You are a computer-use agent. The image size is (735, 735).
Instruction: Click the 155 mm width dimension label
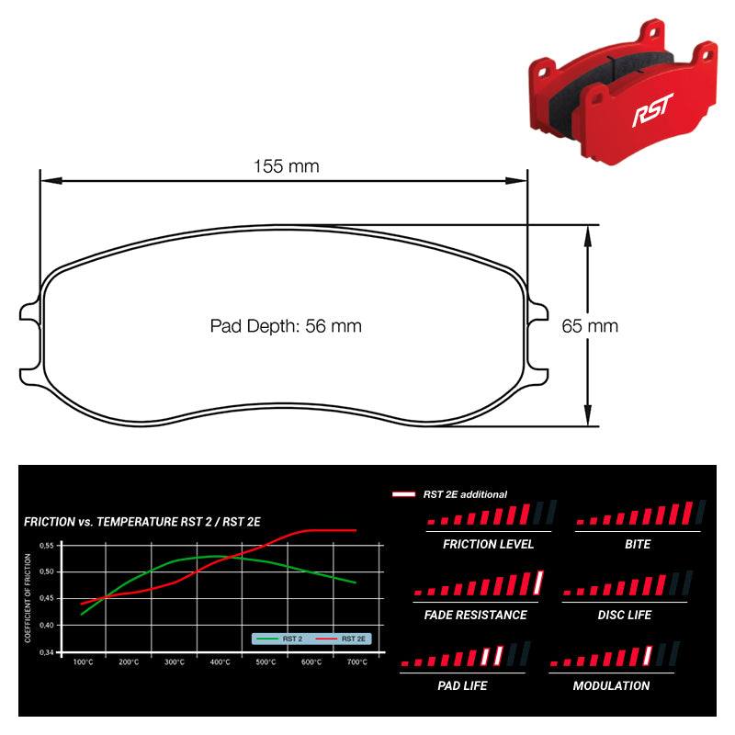click(286, 166)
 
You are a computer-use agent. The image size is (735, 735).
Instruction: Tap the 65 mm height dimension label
click(590, 326)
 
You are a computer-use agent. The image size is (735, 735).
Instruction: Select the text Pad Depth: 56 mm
click(286, 326)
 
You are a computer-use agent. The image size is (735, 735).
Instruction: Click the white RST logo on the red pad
click(652, 109)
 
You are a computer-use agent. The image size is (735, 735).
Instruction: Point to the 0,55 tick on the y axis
click(47, 545)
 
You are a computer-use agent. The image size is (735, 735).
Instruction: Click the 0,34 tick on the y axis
click(47, 652)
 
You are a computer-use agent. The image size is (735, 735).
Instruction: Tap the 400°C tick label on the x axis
click(220, 661)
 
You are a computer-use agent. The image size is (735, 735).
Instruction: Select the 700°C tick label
click(356, 661)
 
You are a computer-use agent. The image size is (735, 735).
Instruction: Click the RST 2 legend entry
click(279, 639)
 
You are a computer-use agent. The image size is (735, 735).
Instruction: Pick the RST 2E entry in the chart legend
click(340, 639)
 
